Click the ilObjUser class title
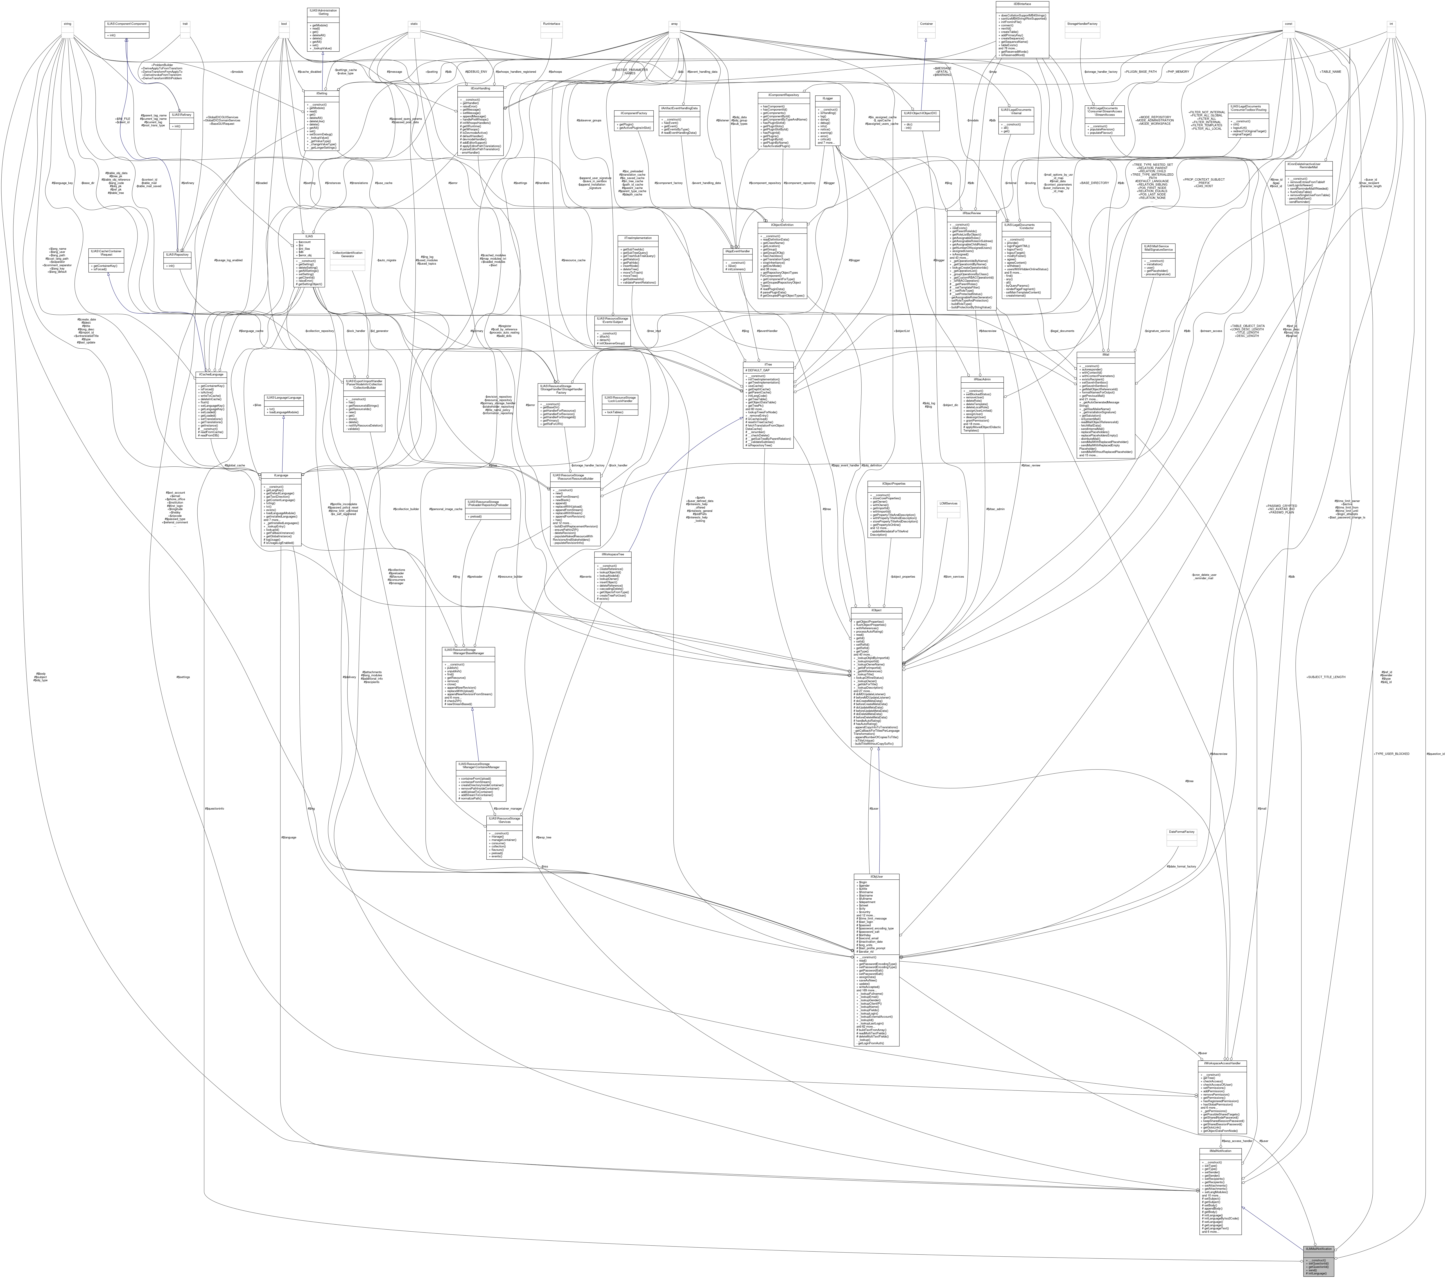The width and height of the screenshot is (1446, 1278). pyautogui.click(x=877, y=876)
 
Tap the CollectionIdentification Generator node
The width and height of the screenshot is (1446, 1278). pyautogui.click(x=347, y=254)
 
